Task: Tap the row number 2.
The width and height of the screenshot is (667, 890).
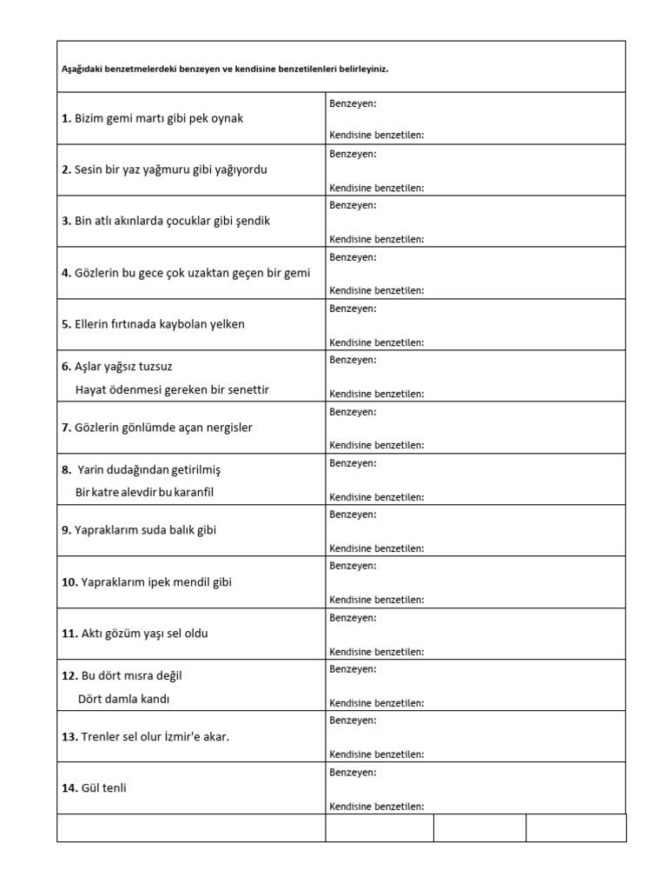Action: [x=66, y=169]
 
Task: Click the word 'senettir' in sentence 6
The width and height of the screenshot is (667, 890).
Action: [x=247, y=389]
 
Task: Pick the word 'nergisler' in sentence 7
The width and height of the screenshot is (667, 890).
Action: [x=229, y=428]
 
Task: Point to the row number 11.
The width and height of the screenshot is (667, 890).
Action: [x=69, y=634]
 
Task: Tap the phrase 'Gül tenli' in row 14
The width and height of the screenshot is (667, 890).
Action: [x=109, y=788]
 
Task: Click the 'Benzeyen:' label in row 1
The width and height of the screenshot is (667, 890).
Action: [x=353, y=103]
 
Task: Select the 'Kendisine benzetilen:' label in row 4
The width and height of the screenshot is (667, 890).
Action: [x=377, y=290]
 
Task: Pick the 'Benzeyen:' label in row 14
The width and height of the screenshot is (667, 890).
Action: [x=353, y=772]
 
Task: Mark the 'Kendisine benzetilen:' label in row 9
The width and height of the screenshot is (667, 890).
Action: [x=377, y=548]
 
